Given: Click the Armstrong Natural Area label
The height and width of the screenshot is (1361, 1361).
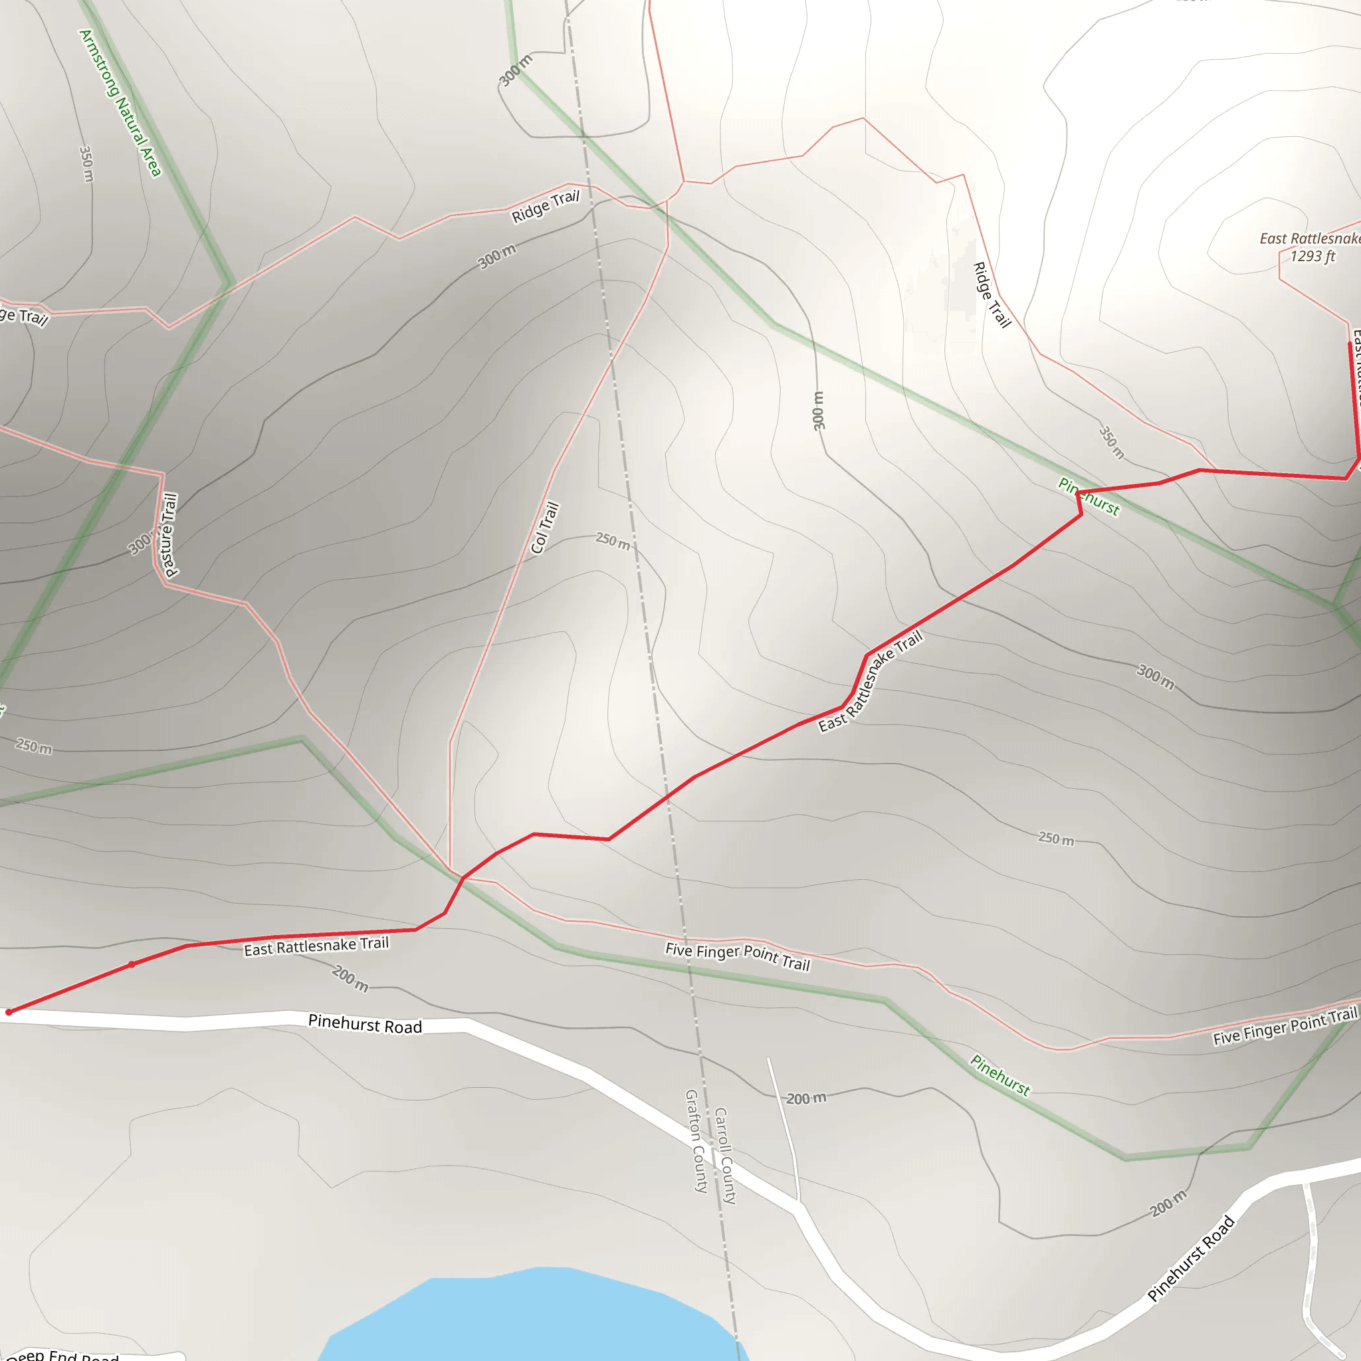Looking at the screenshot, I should (x=120, y=103).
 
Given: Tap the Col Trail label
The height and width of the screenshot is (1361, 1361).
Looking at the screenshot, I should (x=544, y=528).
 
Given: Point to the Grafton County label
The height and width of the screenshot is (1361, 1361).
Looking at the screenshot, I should (x=696, y=1140).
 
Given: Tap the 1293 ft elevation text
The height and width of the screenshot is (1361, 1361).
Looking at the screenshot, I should (x=1312, y=257).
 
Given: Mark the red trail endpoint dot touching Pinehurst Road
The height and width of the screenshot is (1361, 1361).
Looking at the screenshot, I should (x=9, y=1012).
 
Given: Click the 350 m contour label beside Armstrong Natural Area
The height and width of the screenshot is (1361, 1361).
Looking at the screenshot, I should (x=86, y=164).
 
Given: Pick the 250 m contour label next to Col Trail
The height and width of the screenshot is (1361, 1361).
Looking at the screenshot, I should (x=612, y=541).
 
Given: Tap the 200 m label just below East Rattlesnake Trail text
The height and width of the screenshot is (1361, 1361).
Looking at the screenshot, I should (x=350, y=978).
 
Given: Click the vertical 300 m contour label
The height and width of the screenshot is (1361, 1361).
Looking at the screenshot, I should (x=818, y=411).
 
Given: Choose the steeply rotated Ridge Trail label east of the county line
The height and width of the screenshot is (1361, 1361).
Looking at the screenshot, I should (x=991, y=294).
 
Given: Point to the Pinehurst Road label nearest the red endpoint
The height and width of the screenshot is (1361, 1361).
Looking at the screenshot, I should (x=365, y=1024).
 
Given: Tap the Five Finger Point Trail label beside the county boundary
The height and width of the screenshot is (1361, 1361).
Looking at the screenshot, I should (x=738, y=956).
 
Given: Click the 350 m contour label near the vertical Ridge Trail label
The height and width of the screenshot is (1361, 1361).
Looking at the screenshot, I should (x=1112, y=443).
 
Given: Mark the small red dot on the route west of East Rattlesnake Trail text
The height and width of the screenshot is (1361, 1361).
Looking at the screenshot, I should (x=132, y=964).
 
